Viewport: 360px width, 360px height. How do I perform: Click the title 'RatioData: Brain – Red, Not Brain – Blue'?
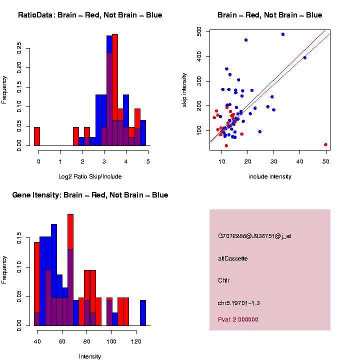pos(90,15)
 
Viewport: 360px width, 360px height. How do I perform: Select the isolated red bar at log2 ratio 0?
pos(37,136)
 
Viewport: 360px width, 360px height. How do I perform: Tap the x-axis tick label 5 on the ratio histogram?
pos(148,161)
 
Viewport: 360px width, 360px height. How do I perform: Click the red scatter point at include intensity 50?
pos(325,144)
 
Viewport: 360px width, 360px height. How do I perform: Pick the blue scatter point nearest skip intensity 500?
pos(283,34)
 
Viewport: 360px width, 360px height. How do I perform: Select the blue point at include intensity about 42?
pos(305,57)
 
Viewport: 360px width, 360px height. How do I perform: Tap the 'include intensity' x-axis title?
pos(270,176)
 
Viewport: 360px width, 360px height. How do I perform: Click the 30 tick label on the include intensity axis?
pos(273,161)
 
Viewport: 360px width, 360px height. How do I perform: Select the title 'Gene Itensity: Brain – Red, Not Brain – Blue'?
pos(90,195)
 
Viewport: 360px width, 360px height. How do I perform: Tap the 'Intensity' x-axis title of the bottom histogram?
pos(90,356)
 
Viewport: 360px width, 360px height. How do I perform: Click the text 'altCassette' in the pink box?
pos(233,258)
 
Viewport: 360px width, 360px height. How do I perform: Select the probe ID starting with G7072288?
pos(254,236)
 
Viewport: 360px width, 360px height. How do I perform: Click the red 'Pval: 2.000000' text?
pos(238,319)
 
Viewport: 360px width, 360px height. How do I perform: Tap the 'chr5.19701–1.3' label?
pos(239,303)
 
